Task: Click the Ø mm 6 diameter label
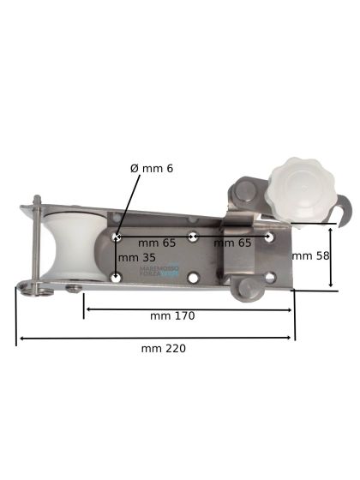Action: tap(152, 168)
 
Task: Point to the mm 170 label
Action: tap(172, 315)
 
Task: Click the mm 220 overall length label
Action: tap(163, 348)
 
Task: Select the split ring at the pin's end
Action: tap(30, 288)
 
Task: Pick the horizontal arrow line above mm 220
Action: tap(154, 339)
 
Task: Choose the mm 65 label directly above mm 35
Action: tap(157, 243)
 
